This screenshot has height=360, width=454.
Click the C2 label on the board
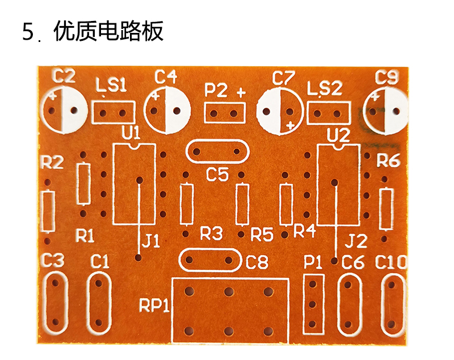click(x=64, y=76)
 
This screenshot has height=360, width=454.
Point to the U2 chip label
click(x=338, y=135)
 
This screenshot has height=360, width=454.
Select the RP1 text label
click(x=154, y=305)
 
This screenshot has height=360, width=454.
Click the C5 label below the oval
click(x=217, y=174)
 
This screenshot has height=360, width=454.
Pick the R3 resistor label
click(x=211, y=233)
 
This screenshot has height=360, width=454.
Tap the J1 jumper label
click(x=151, y=241)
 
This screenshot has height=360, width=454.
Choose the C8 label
click(x=257, y=262)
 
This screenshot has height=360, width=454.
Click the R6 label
click(x=388, y=160)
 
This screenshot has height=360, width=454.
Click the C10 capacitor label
click(x=390, y=262)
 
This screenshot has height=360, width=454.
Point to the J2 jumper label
click(x=356, y=241)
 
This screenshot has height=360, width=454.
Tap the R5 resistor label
click(x=262, y=234)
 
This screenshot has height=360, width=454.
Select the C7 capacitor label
click(x=284, y=78)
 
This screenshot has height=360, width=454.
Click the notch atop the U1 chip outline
click(x=134, y=146)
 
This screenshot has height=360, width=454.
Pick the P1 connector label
click(x=313, y=262)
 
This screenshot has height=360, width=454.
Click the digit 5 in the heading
click(x=28, y=32)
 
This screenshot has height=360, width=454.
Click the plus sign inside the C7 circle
click(x=290, y=125)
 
